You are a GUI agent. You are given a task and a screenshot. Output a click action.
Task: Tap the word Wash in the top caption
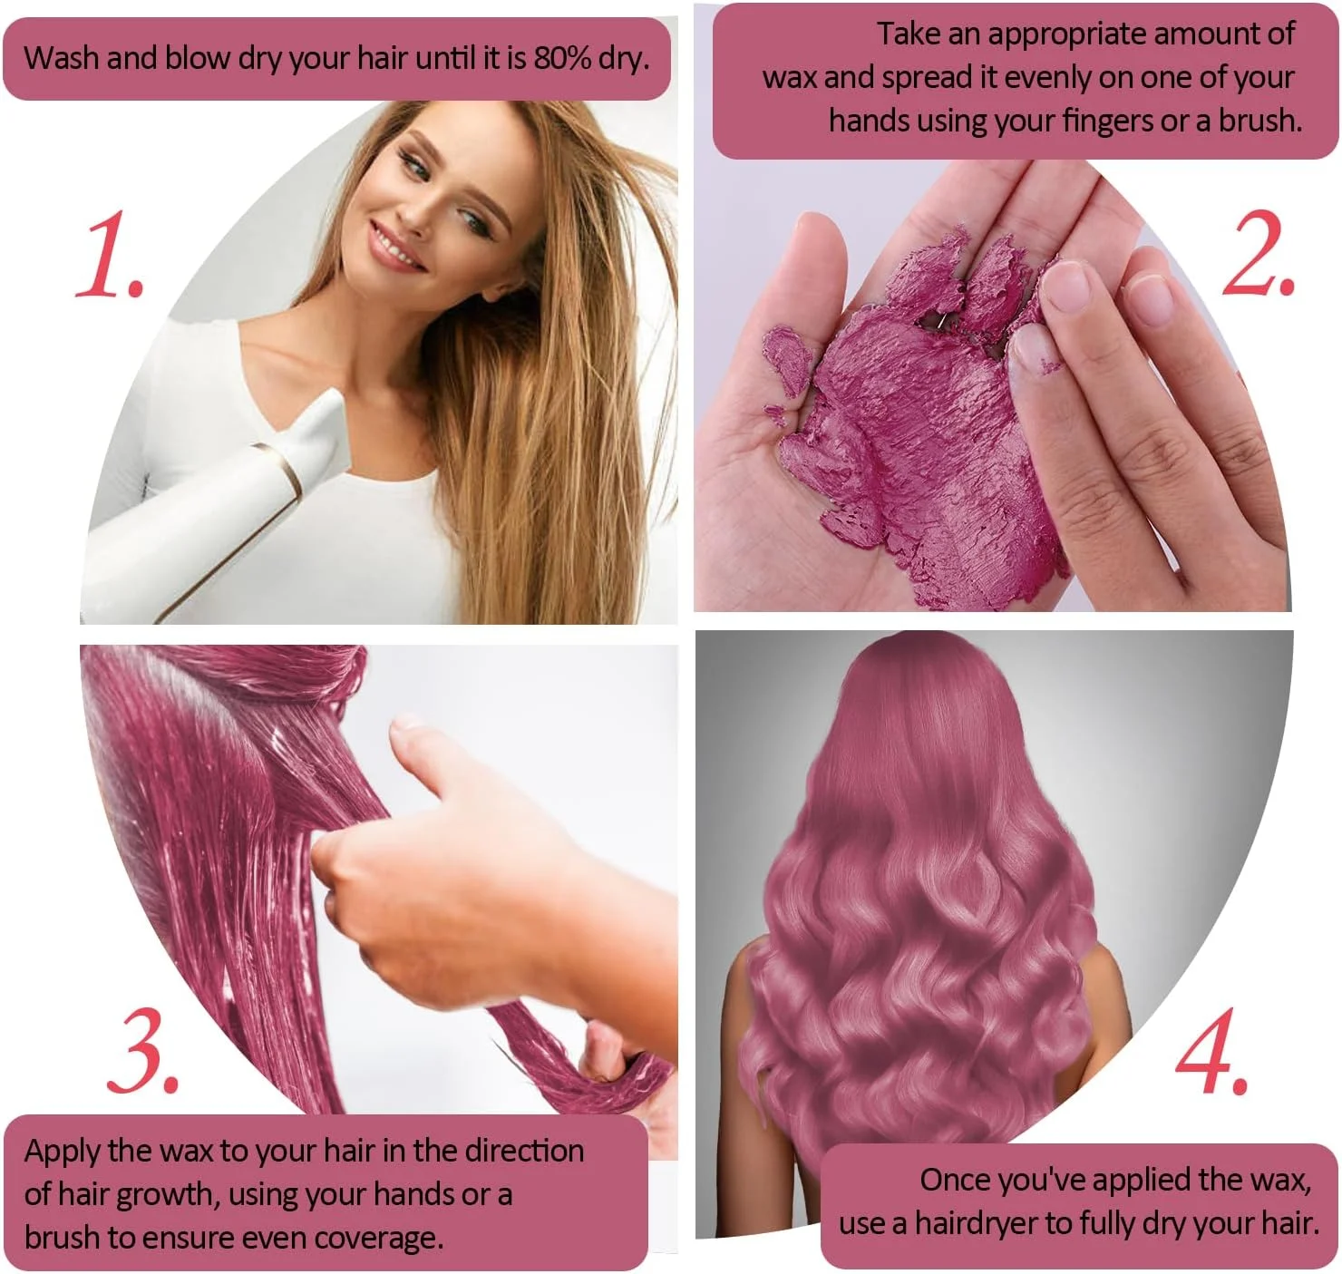coord(63,59)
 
